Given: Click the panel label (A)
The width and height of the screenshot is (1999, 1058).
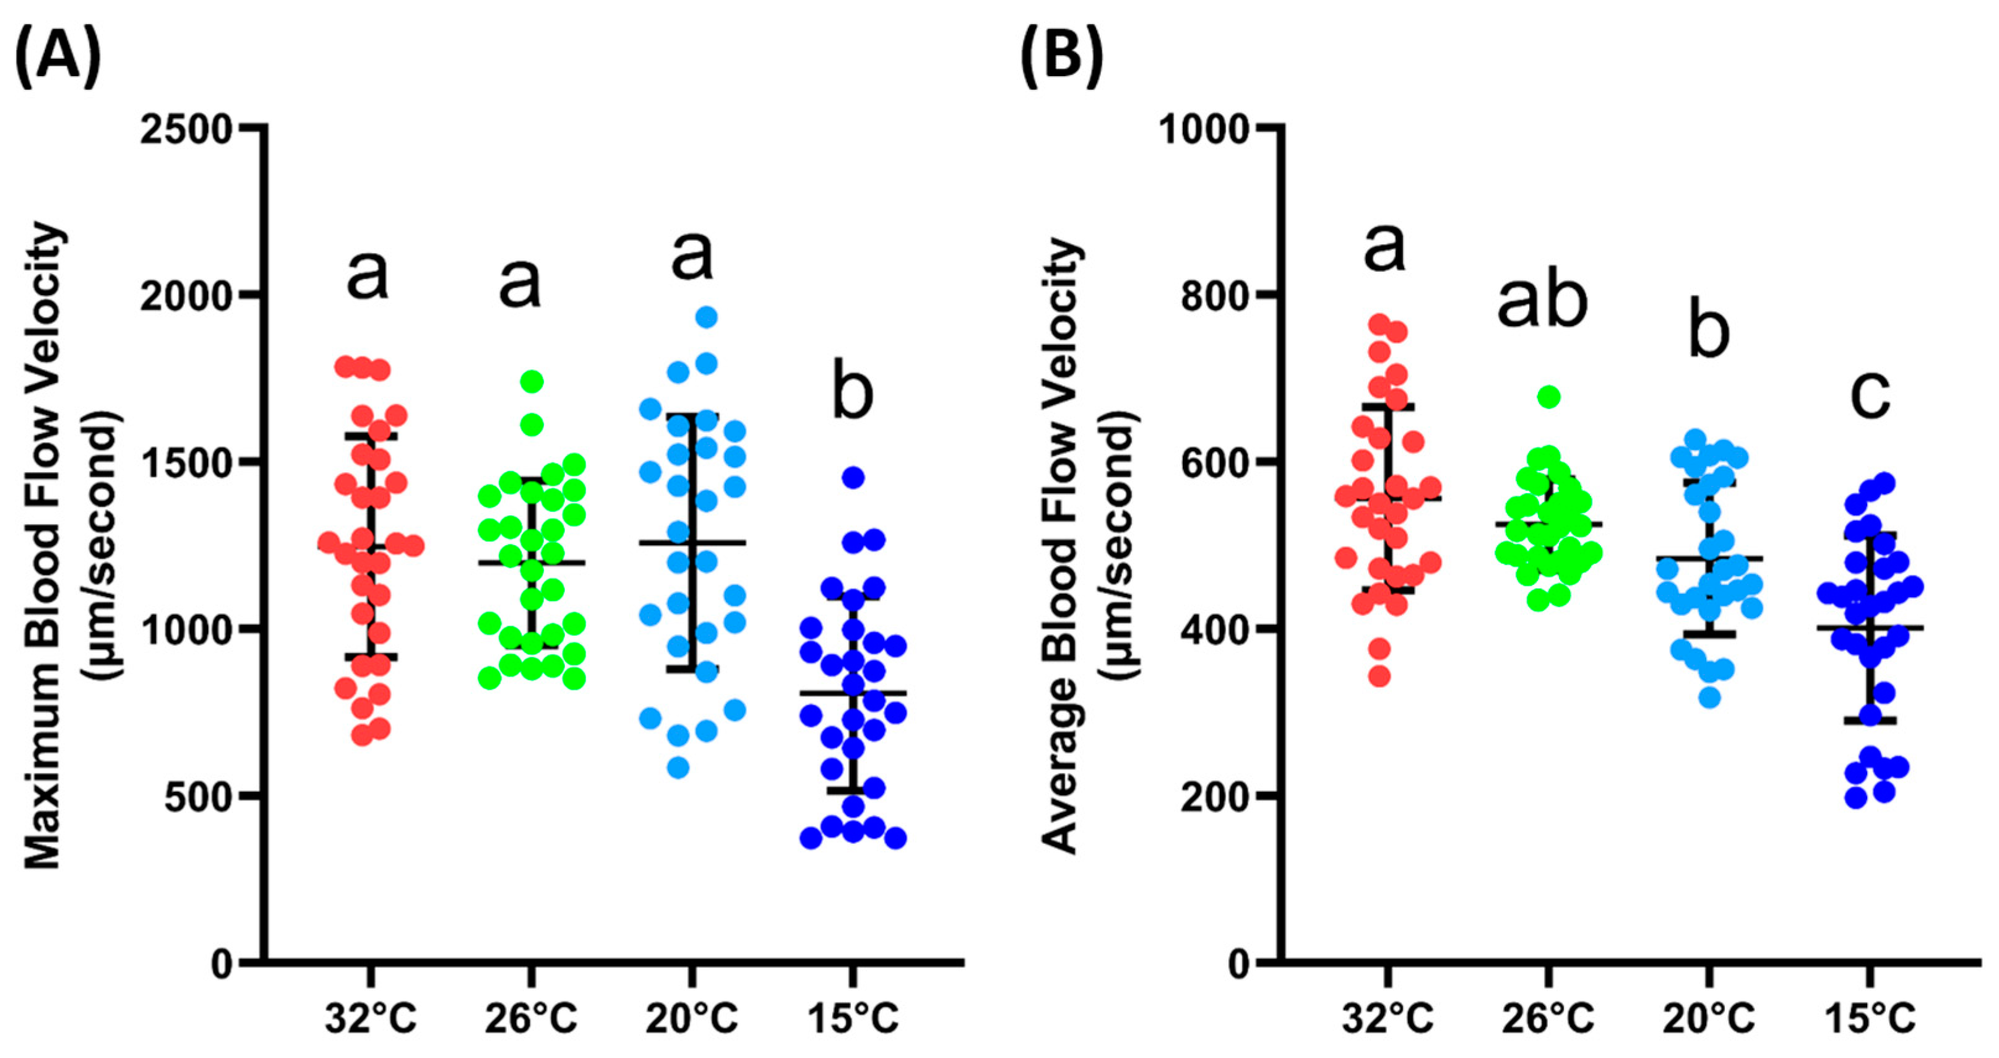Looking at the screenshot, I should [x=58, y=58].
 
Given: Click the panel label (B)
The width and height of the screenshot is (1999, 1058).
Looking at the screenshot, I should [x=1061, y=58].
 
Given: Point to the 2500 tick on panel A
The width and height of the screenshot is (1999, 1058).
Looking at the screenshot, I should [x=186, y=129].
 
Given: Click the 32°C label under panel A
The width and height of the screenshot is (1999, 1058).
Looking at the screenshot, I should [x=371, y=1018].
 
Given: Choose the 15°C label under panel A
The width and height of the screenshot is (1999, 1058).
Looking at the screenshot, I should [x=853, y=1018].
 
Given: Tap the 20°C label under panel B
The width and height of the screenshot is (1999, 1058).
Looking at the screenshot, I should [x=1709, y=1018].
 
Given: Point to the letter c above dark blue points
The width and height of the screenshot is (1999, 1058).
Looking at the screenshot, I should [x=1870, y=394].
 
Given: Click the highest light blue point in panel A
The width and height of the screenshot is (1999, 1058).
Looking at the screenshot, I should [x=706, y=316].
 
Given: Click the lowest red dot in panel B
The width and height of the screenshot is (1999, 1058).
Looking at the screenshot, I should [x=1379, y=676].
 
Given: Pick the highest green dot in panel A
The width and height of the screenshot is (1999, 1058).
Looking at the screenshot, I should [x=532, y=381].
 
